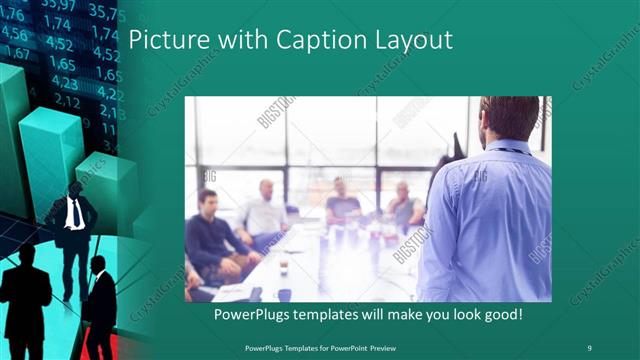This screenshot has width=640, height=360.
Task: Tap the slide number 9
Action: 590,347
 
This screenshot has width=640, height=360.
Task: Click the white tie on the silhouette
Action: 74,213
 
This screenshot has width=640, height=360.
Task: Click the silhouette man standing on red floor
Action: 99,305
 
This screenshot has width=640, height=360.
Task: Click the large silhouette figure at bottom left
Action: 27,300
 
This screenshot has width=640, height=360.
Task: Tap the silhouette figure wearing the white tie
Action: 73,235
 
